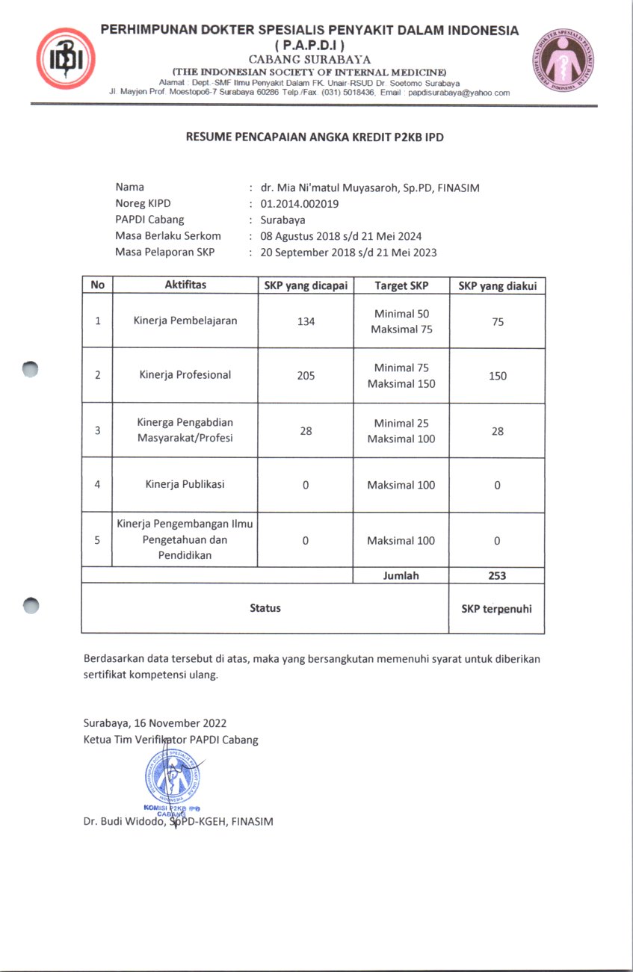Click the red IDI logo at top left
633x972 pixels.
pyautogui.click(x=65, y=58)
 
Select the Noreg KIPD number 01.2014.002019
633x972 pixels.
pyautogui.click(x=300, y=203)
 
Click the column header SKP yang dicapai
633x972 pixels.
pyautogui.click(x=306, y=285)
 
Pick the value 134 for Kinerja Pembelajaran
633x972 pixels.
pyautogui.click(x=306, y=321)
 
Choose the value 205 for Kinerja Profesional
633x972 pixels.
pyautogui.click(x=306, y=376)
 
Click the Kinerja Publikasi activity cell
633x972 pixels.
pyautogui.click(x=185, y=484)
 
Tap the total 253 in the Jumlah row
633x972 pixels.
pyautogui.click(x=497, y=575)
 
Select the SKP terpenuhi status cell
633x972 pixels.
pyautogui.click(x=496, y=609)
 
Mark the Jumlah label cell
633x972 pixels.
pyautogui.click(x=401, y=575)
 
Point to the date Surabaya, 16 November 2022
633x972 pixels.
pyautogui.click(x=155, y=723)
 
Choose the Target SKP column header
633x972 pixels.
pyautogui.click(x=401, y=285)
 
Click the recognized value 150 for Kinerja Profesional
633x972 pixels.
pyautogui.click(x=497, y=376)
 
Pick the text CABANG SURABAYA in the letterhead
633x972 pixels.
pyautogui.click(x=309, y=59)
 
